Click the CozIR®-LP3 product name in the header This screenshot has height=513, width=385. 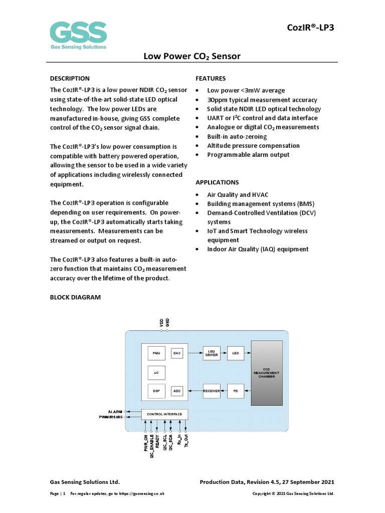310,27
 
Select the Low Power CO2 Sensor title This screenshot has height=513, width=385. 192,56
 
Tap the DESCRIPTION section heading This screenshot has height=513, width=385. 70,78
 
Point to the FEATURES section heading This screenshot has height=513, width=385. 211,78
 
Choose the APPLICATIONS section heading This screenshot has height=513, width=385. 217,182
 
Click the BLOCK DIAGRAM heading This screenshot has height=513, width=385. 75,297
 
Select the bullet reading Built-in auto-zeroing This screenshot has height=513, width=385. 237,136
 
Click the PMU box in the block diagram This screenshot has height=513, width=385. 155,353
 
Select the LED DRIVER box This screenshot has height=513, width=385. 212,353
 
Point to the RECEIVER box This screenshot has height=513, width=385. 212,391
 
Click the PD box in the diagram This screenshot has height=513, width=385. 235,391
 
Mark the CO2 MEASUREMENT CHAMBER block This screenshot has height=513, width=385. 267,373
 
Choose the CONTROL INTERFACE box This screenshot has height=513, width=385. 165,414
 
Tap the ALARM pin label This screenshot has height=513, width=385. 115,411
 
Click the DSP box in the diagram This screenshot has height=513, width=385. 155,391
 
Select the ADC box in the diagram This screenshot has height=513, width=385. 177,391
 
